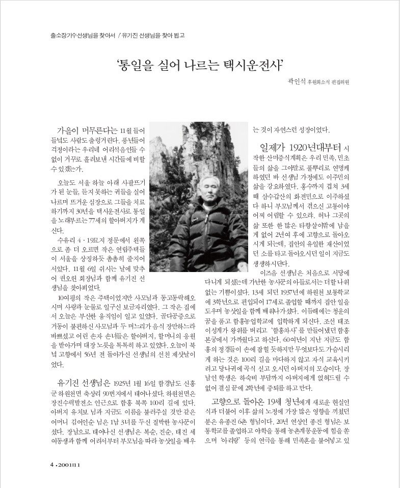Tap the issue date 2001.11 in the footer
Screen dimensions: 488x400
click(x=68, y=465)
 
